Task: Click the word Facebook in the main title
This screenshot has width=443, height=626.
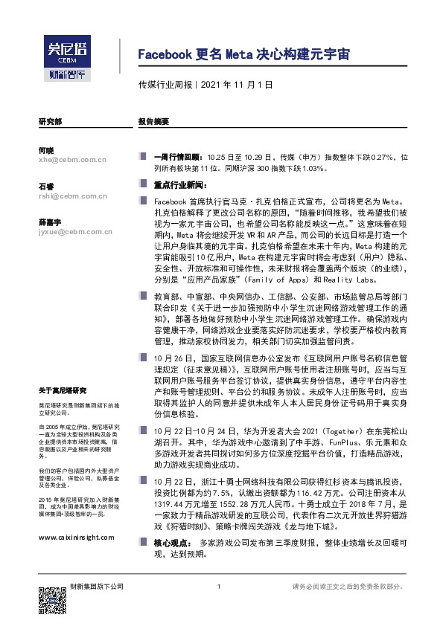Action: pyautogui.click(x=165, y=56)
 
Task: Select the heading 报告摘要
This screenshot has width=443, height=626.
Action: pyautogui.click(x=154, y=120)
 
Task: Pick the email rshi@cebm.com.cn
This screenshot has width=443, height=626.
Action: pyautogui.click(x=73, y=196)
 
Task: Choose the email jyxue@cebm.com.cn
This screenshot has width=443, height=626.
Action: pyautogui.click(x=74, y=233)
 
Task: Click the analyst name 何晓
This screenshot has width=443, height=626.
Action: pyautogui.click(x=45, y=150)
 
